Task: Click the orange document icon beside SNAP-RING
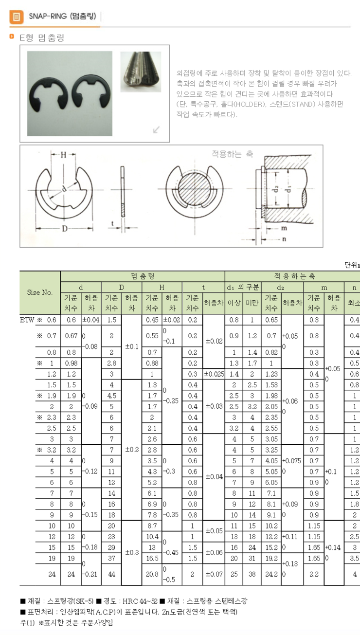tap(16, 17)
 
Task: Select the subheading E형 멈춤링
tap(41, 38)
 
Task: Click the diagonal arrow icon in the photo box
tap(156, 129)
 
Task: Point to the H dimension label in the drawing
tap(63, 155)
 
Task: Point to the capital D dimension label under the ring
tap(63, 228)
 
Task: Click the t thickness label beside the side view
tap(112, 223)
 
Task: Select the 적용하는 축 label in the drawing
tap(232, 154)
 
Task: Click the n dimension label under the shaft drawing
tap(284, 239)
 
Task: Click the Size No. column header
tap(40, 292)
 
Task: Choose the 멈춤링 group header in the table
tap(143, 276)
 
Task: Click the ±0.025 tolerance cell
tap(214, 374)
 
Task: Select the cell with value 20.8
tap(152, 574)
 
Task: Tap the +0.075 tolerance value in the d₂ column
tap(292, 460)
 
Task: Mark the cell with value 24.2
tap(271, 574)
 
